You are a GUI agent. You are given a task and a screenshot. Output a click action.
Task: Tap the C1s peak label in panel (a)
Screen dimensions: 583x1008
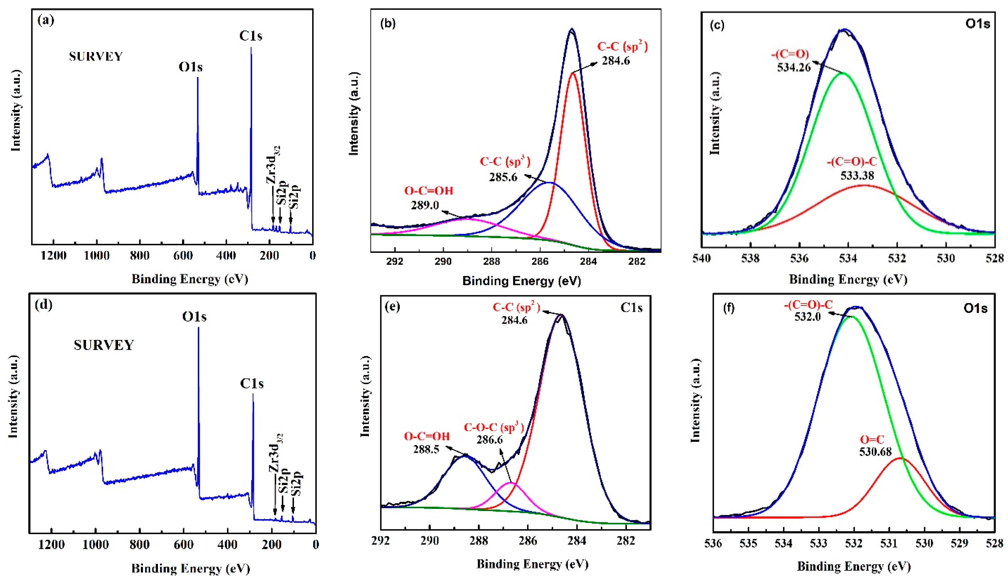251,36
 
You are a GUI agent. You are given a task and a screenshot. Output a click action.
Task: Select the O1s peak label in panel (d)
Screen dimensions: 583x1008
194,317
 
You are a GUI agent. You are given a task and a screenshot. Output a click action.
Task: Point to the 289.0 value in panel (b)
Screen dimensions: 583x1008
425,205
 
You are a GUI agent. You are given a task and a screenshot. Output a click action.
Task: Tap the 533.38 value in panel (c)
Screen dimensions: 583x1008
857,175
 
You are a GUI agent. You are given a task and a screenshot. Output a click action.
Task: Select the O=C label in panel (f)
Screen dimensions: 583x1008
872,439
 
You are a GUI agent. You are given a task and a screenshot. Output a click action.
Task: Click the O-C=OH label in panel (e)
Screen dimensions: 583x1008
427,436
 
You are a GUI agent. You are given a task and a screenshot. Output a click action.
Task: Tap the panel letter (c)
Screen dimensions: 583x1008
717,25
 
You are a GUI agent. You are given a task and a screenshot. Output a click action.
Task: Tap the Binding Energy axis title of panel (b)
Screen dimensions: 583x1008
522,281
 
